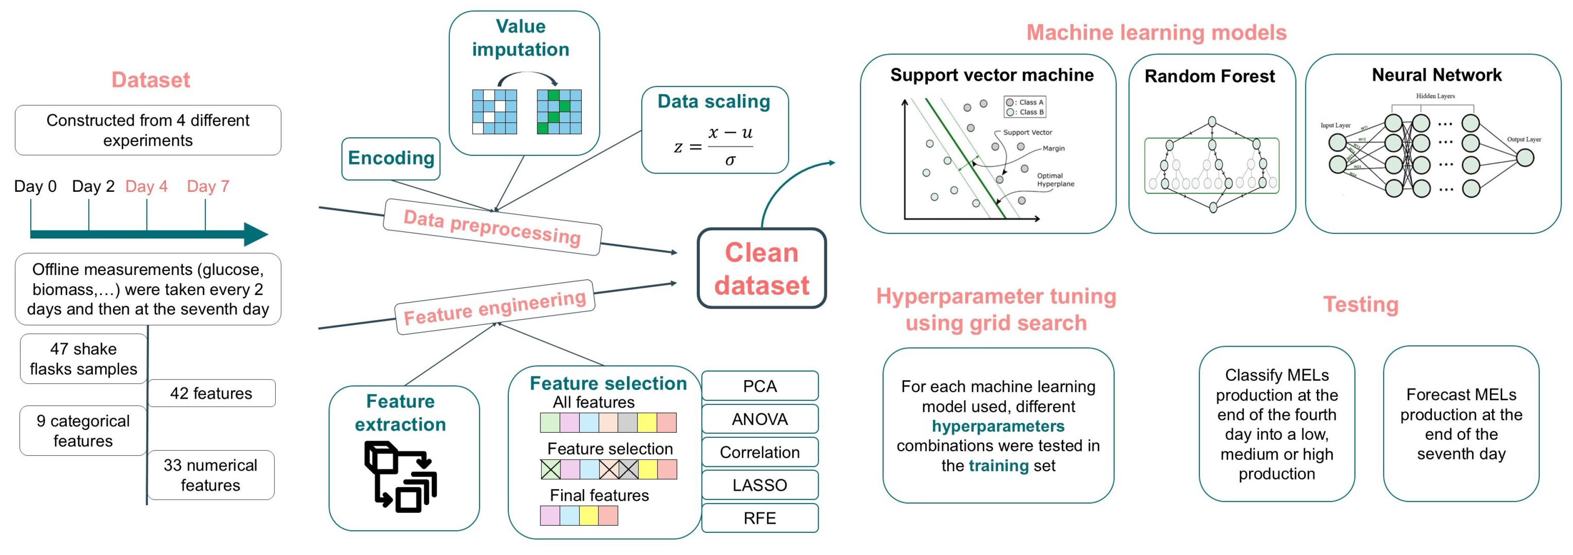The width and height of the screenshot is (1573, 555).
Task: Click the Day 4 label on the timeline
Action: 146,186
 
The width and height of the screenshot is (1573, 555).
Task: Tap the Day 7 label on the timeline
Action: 208,186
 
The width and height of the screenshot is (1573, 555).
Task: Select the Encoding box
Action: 391,158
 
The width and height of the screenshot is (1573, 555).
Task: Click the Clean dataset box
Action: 762,269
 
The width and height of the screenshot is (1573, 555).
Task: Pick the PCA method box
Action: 759,386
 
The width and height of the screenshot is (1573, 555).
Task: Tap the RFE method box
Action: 759,518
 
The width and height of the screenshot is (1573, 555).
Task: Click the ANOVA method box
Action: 759,419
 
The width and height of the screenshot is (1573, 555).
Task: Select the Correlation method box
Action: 759,452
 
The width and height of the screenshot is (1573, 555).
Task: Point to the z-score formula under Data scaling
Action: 714,147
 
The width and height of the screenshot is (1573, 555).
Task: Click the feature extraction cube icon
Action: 400,476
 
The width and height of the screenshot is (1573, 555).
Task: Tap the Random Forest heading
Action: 1209,76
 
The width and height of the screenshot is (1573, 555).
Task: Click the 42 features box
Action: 211,393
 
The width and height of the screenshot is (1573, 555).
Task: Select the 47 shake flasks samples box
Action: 84,359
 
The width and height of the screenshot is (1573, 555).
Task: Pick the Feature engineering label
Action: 495,307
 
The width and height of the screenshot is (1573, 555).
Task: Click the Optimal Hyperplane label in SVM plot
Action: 1055,179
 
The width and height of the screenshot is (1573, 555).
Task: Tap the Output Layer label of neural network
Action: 1524,139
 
